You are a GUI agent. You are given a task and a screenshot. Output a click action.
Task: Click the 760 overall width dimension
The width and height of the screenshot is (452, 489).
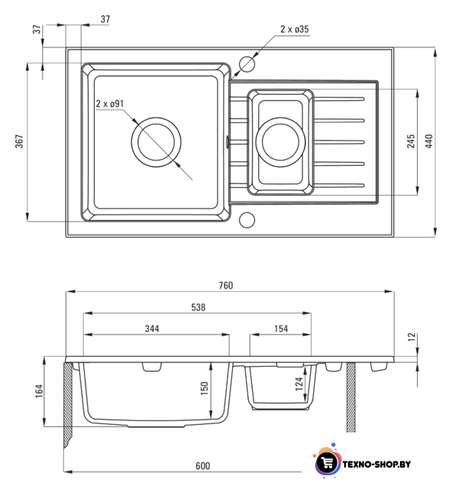click(x=226, y=285)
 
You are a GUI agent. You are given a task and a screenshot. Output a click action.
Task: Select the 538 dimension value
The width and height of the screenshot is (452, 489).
click(x=199, y=307)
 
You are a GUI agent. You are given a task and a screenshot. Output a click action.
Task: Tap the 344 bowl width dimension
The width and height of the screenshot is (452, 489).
click(x=152, y=329)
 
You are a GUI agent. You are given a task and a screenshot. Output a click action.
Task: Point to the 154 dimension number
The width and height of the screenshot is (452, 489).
click(x=281, y=329)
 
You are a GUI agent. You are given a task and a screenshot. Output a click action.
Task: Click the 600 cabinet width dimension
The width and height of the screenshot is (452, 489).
click(x=202, y=465)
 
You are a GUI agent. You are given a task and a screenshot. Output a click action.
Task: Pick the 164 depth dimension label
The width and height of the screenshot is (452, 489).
click(x=39, y=391)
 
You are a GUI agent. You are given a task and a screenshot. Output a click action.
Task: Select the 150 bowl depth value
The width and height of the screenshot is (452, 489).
click(x=204, y=388)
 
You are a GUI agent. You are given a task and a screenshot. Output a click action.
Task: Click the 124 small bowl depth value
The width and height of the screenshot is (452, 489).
click(x=299, y=384)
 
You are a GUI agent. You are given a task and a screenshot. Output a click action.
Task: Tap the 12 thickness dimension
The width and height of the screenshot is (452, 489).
click(x=412, y=337)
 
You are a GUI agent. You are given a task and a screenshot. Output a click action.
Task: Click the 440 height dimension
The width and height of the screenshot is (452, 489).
click(x=429, y=141)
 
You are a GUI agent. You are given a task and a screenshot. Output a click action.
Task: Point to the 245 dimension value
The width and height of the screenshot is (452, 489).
click(x=411, y=141)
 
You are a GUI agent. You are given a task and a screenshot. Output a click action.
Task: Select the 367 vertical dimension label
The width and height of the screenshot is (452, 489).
click(x=19, y=141)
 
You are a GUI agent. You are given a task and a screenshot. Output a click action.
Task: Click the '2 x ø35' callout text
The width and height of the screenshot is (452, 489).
click(x=295, y=29)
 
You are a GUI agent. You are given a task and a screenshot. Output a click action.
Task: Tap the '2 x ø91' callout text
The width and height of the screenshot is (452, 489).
click(x=110, y=103)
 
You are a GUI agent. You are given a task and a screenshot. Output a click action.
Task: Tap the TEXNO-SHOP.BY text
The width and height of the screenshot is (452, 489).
click(x=376, y=465)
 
